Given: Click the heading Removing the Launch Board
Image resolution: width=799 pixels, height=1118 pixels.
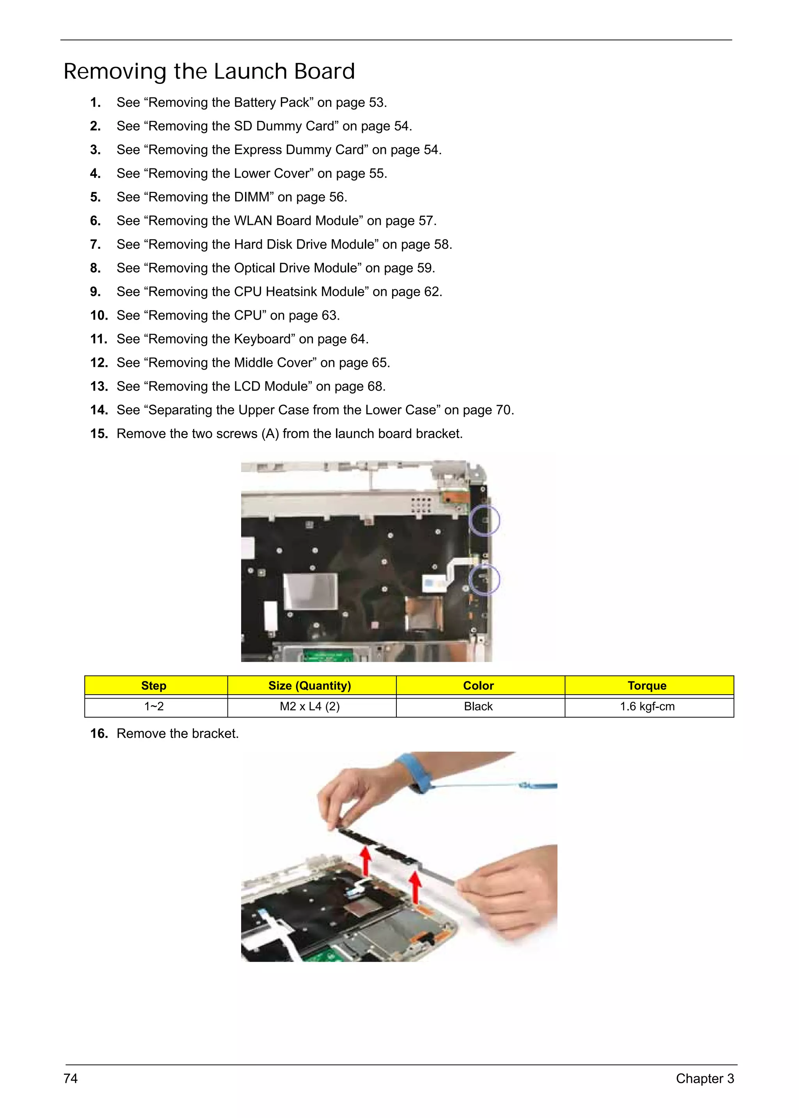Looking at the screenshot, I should [209, 72].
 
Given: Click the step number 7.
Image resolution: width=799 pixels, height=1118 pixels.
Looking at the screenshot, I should [96, 244].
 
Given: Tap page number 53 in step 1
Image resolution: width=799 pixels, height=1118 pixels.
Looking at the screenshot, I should [376, 103].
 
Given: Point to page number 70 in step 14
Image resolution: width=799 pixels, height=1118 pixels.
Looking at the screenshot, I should [503, 410].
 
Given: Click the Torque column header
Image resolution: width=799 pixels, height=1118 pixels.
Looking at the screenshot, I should [646, 686].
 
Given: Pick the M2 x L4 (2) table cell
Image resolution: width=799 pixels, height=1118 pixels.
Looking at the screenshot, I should [309, 706].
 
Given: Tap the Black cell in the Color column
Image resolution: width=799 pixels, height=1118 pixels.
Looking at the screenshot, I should [478, 706].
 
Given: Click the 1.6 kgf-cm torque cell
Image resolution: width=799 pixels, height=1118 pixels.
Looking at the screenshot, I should [646, 706].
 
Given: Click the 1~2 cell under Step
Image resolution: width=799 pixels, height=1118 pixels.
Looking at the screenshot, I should [153, 706].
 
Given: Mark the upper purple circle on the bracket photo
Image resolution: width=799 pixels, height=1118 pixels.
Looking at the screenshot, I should [484, 520].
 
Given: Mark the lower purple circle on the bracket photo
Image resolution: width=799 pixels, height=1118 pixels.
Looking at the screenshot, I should [484, 579].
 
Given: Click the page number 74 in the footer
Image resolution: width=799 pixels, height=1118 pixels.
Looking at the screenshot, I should [70, 1079].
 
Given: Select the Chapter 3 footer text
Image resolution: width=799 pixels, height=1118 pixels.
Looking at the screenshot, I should [704, 1079].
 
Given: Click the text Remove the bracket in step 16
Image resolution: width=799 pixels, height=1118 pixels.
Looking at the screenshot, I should [177, 734].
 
